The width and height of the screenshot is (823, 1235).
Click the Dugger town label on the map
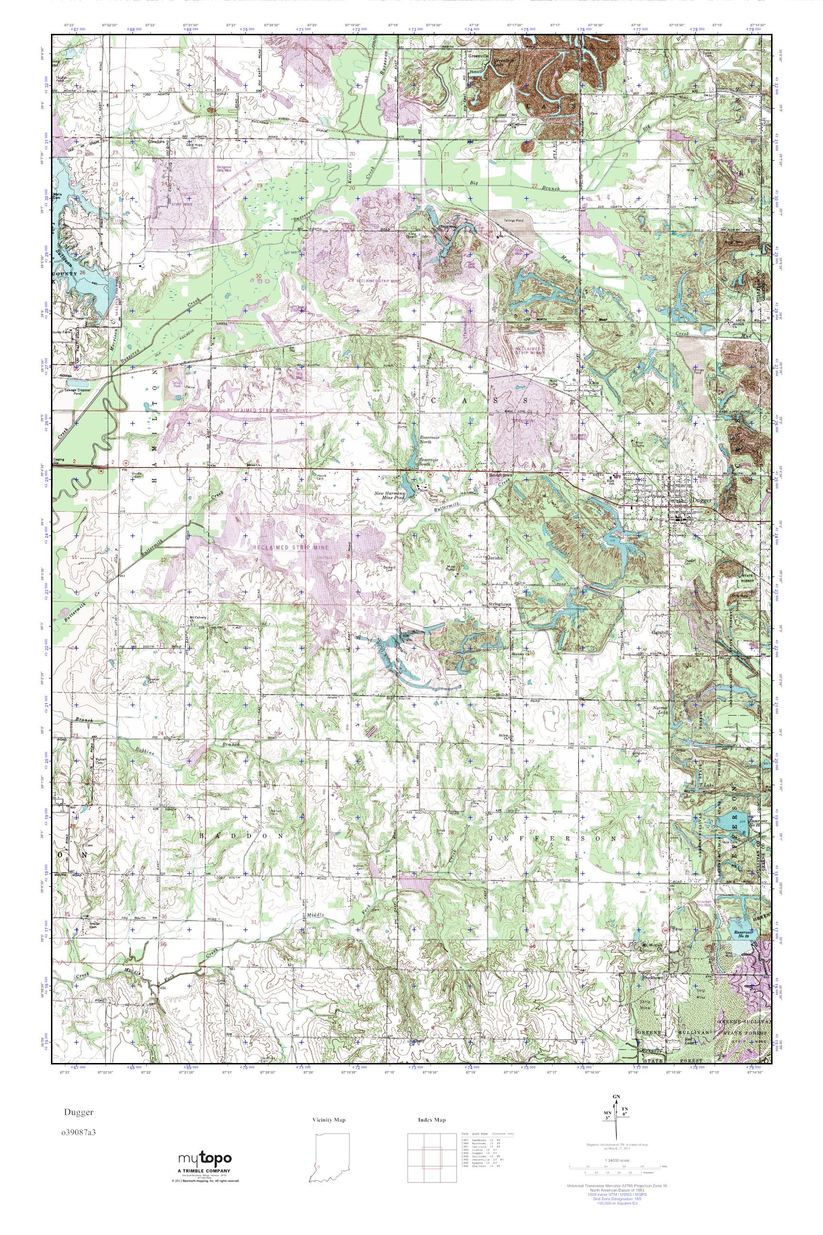point(701,501)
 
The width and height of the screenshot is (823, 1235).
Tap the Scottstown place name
point(500,475)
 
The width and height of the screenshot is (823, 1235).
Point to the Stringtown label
point(499,604)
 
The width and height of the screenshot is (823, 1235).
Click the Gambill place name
point(660,633)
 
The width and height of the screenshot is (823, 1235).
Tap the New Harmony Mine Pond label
point(391,496)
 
